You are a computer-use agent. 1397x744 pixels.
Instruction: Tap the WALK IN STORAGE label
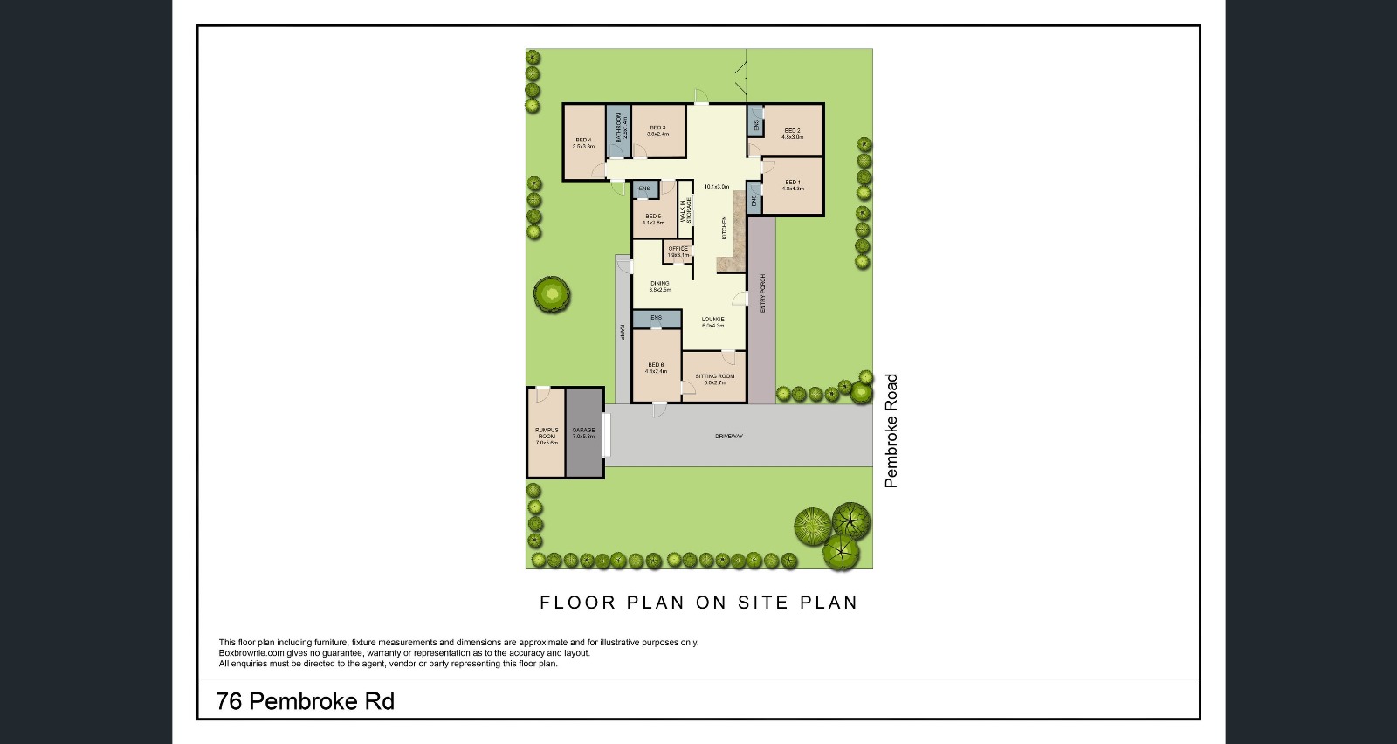(686, 210)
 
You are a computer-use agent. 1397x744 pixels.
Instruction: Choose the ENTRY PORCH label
(762, 293)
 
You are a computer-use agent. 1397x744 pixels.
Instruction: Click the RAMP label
(622, 332)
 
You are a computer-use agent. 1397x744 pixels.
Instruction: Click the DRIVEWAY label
(728, 436)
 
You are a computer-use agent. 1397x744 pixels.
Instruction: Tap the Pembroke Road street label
(891, 431)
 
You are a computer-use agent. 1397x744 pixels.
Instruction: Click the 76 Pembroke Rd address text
(305, 701)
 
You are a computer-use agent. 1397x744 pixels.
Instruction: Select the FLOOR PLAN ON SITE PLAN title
(698, 603)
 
